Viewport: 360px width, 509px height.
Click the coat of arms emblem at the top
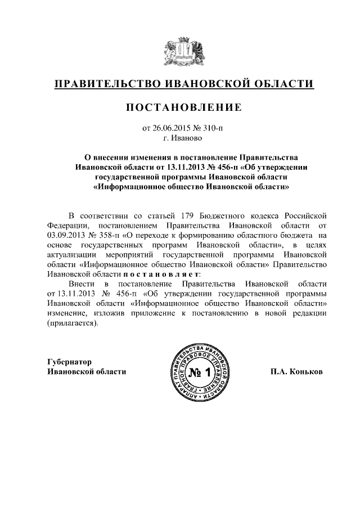180,49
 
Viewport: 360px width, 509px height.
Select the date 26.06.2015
170,128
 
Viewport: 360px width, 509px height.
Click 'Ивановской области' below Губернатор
87,372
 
